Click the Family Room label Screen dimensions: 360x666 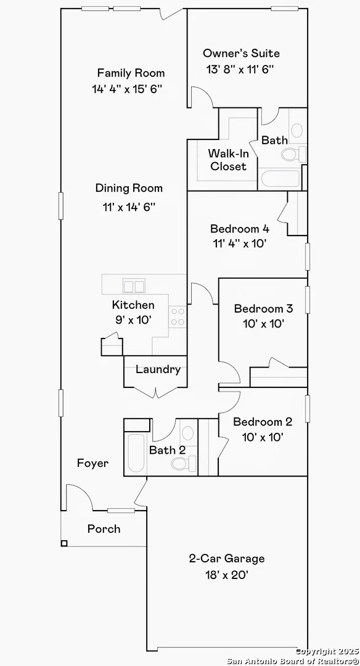click(x=131, y=73)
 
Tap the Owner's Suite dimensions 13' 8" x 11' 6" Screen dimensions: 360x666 click(x=240, y=69)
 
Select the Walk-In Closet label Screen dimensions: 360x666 click(x=229, y=160)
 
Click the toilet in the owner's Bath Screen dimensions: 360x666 click(x=293, y=154)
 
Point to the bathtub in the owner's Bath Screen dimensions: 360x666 click(x=280, y=178)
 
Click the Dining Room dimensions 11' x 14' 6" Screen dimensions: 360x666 click(x=129, y=207)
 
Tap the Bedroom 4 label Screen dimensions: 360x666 click(x=240, y=229)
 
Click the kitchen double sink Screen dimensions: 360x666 click(x=134, y=286)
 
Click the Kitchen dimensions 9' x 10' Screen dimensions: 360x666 click(x=133, y=320)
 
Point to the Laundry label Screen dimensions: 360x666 click(x=158, y=370)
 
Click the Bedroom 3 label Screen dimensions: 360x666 click(x=264, y=308)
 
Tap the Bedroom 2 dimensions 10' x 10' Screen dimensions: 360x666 click(x=263, y=437)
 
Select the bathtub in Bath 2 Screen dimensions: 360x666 click(x=136, y=453)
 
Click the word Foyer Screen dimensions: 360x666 click(x=92, y=463)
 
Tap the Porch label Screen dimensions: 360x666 click(x=104, y=529)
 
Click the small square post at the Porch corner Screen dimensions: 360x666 click(x=64, y=543)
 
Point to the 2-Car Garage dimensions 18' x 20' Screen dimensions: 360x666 click(x=226, y=575)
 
